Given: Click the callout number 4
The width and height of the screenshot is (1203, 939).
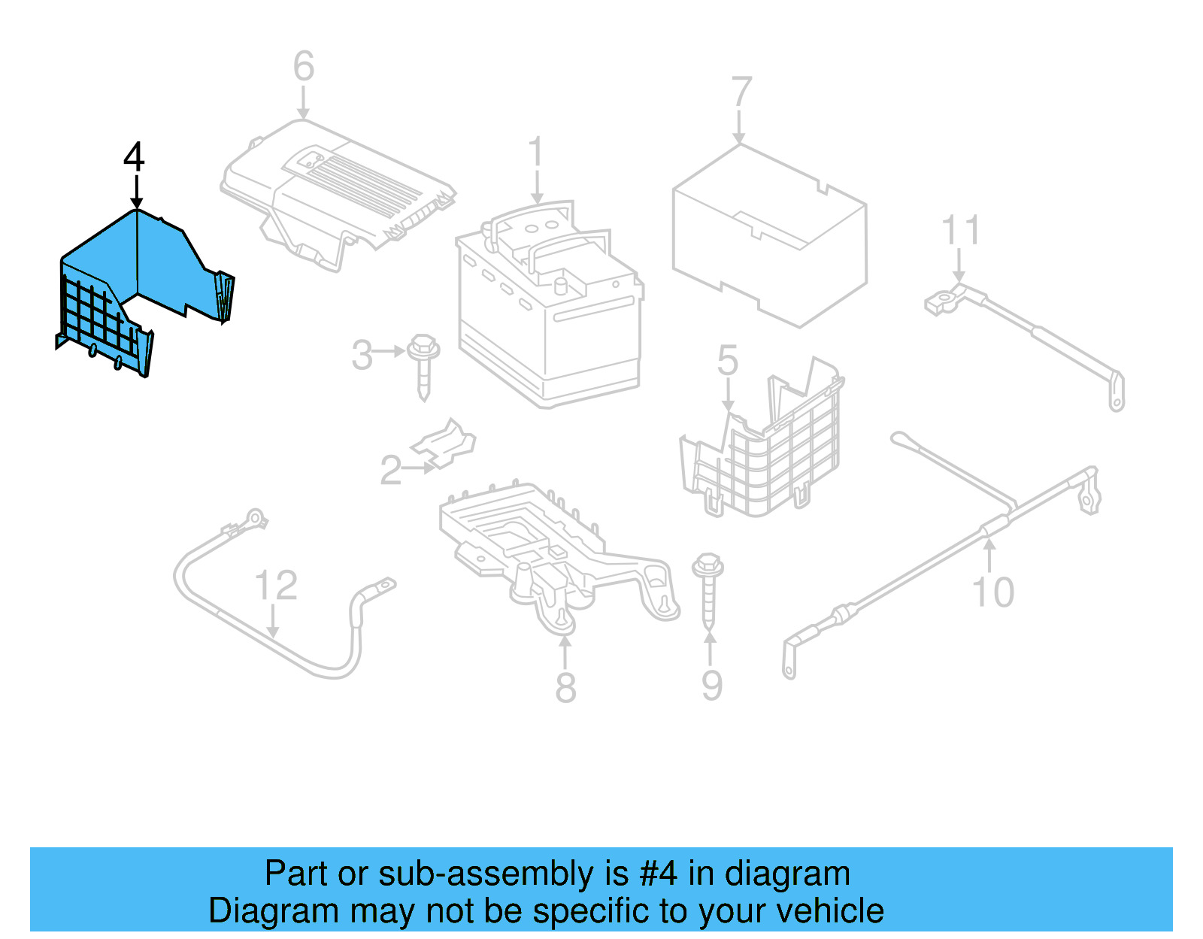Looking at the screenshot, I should [134, 157].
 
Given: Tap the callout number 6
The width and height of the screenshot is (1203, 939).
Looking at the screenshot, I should [303, 66].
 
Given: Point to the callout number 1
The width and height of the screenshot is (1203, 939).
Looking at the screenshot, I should [535, 153].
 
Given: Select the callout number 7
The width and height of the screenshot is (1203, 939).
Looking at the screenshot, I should [741, 92].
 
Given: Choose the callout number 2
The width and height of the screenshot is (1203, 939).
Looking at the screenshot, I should [390, 471].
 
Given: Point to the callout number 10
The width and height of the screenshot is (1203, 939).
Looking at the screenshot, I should [992, 592].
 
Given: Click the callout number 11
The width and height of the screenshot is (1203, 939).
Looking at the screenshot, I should [960, 230].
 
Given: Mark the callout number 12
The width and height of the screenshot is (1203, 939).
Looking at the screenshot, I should [276, 585].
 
